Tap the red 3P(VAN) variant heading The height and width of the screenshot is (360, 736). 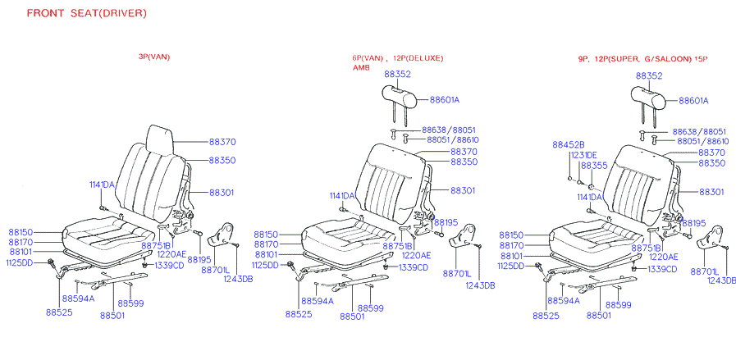click(153, 57)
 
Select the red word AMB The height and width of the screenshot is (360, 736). click(361, 68)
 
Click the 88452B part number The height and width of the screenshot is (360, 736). click(568, 144)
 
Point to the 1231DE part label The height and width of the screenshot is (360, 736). click(584, 155)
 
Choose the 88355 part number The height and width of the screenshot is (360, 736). click(594, 166)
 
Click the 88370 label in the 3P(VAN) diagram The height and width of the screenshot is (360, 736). click(222, 141)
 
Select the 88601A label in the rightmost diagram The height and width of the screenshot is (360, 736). click(693, 101)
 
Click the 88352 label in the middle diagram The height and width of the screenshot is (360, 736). click(397, 74)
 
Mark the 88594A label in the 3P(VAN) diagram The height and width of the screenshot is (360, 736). click(77, 298)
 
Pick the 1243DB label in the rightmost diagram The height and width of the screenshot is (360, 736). click(720, 280)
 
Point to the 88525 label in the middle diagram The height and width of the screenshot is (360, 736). click(299, 313)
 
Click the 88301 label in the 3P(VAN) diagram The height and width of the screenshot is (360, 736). click(222, 192)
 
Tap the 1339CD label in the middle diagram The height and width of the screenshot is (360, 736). click(414, 268)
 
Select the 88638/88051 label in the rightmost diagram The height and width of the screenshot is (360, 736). click(699, 131)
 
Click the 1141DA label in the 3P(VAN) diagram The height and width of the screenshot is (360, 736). click(102, 185)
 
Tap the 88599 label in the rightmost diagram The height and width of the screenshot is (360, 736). click(619, 304)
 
